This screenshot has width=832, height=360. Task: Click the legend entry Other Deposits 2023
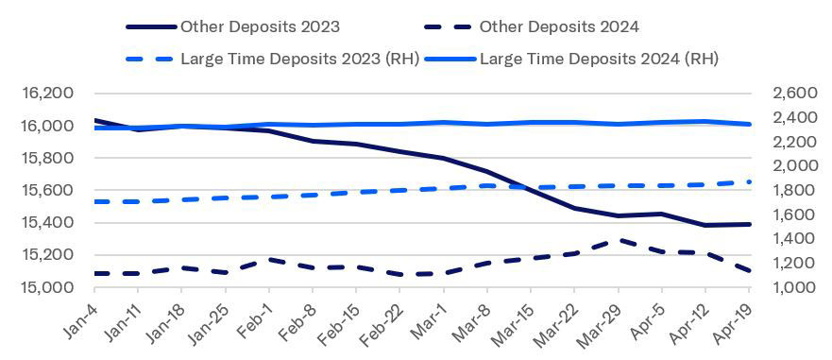[x=259, y=26]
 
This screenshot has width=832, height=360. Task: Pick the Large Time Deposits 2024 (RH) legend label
[x=599, y=58]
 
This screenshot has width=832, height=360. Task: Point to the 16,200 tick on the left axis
[x=47, y=94]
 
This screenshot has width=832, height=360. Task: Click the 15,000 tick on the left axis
[x=47, y=287]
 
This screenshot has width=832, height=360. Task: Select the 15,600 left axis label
[x=47, y=191]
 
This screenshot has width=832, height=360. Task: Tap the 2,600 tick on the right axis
[x=793, y=94]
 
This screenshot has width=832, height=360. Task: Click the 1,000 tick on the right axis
[x=793, y=287]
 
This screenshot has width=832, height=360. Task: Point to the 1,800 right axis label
[x=793, y=191]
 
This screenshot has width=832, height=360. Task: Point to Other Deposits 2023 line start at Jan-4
[x=95, y=120]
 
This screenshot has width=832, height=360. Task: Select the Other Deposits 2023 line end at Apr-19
[x=749, y=224]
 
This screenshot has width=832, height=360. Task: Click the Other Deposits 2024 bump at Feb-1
[x=269, y=259]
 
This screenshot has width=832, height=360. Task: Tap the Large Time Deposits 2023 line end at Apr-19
[x=749, y=182]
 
